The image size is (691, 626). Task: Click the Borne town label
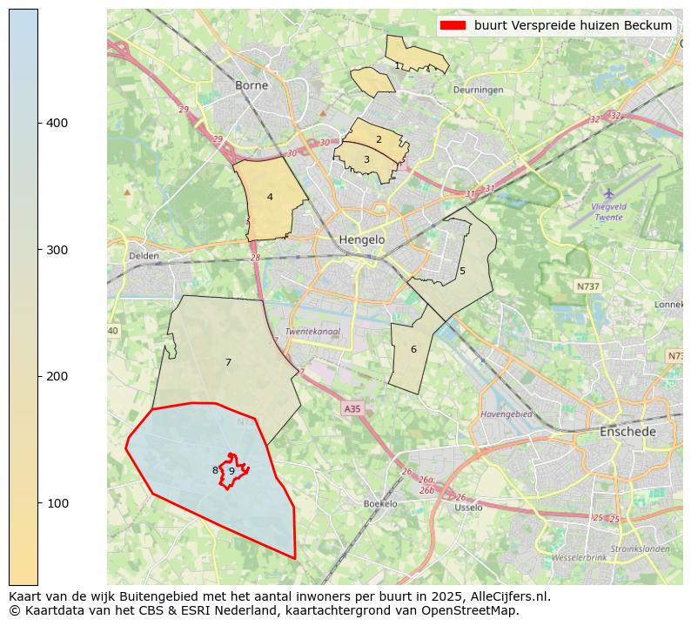pyautogui.click(x=252, y=85)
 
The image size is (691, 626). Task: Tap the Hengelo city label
pyautogui.click(x=361, y=239)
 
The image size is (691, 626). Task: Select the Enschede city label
pyautogui.click(x=627, y=432)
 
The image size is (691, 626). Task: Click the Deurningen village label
pyautogui.click(x=478, y=90)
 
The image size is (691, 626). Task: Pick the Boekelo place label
pyautogui.click(x=380, y=504)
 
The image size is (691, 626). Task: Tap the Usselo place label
pyautogui.click(x=468, y=508)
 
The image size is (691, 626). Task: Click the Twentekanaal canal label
pyautogui.click(x=312, y=332)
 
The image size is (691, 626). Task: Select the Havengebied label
pyautogui.click(x=506, y=414)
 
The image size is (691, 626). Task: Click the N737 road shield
pyautogui.click(x=588, y=286)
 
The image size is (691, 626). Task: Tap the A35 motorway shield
pyautogui.click(x=352, y=408)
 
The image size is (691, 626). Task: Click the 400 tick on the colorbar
pyautogui.click(x=57, y=123)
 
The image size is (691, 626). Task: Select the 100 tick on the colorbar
pyautogui.click(x=57, y=503)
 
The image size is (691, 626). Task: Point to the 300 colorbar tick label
pyautogui.click(x=57, y=250)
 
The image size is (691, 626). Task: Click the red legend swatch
pyautogui.click(x=453, y=25)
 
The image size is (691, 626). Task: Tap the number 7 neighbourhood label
pyautogui.click(x=228, y=362)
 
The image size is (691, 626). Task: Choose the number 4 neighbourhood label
pyautogui.click(x=270, y=197)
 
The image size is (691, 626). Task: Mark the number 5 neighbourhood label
pyautogui.click(x=462, y=271)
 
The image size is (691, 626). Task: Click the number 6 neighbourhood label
pyautogui.click(x=413, y=349)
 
